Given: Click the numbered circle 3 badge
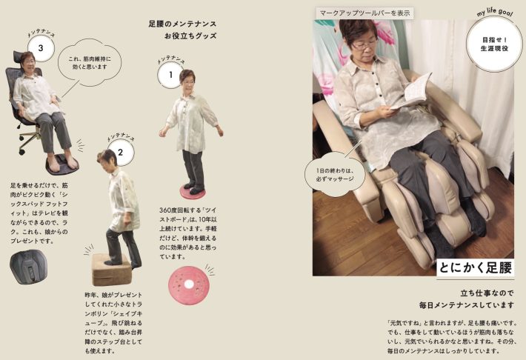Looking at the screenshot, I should tap(40, 50).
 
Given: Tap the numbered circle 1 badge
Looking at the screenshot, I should tap(170, 74).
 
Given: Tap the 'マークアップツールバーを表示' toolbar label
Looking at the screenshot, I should tap(363, 13).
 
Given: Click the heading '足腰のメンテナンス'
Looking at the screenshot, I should tap(182, 24).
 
